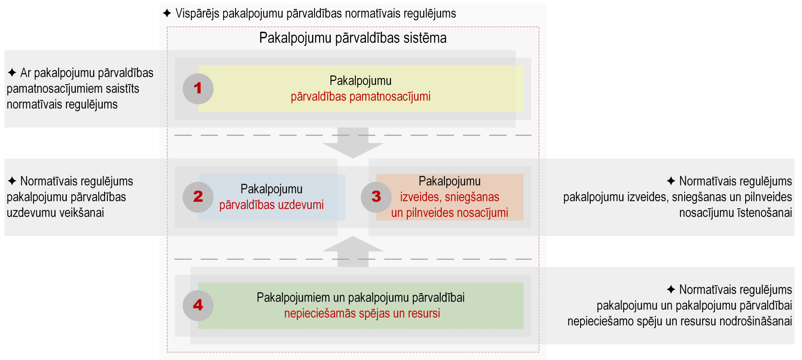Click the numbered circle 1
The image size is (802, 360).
coord(198,89)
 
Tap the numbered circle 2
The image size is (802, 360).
coord(198,197)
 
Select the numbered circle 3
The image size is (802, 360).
coord(376,197)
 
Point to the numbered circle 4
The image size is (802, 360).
coord(198,305)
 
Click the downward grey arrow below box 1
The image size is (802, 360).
coord(353,142)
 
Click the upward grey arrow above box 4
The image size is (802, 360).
coord(353,251)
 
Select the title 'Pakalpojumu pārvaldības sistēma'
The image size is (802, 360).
coord(353,38)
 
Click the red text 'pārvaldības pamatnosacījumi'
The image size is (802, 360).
coord(360,96)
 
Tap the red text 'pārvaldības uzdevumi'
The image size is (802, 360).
coord(272,205)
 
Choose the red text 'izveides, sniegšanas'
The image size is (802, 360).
coord(450,197)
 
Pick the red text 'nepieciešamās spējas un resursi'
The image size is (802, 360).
coord(362,313)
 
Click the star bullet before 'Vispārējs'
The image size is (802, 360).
coord(167,13)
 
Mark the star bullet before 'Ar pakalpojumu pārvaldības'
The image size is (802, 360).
coord(12,73)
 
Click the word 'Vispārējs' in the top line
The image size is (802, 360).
coord(197,14)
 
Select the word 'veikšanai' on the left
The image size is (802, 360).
coord(81,213)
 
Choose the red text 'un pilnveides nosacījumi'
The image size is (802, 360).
coord(450,213)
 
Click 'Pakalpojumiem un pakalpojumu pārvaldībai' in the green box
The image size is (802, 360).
coord(360,297)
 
